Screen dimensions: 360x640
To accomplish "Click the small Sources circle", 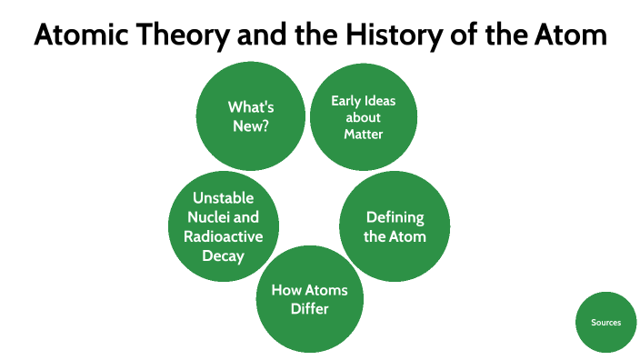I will [x=606, y=322].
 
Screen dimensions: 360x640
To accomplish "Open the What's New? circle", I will [x=251, y=116].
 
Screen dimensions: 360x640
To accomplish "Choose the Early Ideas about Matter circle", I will [x=363, y=116].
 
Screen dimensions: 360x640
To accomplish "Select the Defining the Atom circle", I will [x=395, y=225].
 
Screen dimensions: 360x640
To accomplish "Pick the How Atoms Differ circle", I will [x=310, y=299].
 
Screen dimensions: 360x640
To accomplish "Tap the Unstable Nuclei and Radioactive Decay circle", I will [x=224, y=226].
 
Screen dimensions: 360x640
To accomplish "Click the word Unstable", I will [x=224, y=198].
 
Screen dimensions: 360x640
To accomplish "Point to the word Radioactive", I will [x=224, y=236].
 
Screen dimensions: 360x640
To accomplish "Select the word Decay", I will [x=224, y=255].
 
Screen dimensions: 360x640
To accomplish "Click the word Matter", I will [x=363, y=135].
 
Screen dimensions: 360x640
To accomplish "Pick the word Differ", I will [x=310, y=309].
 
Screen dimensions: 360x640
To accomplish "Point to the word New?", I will [x=251, y=126].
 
